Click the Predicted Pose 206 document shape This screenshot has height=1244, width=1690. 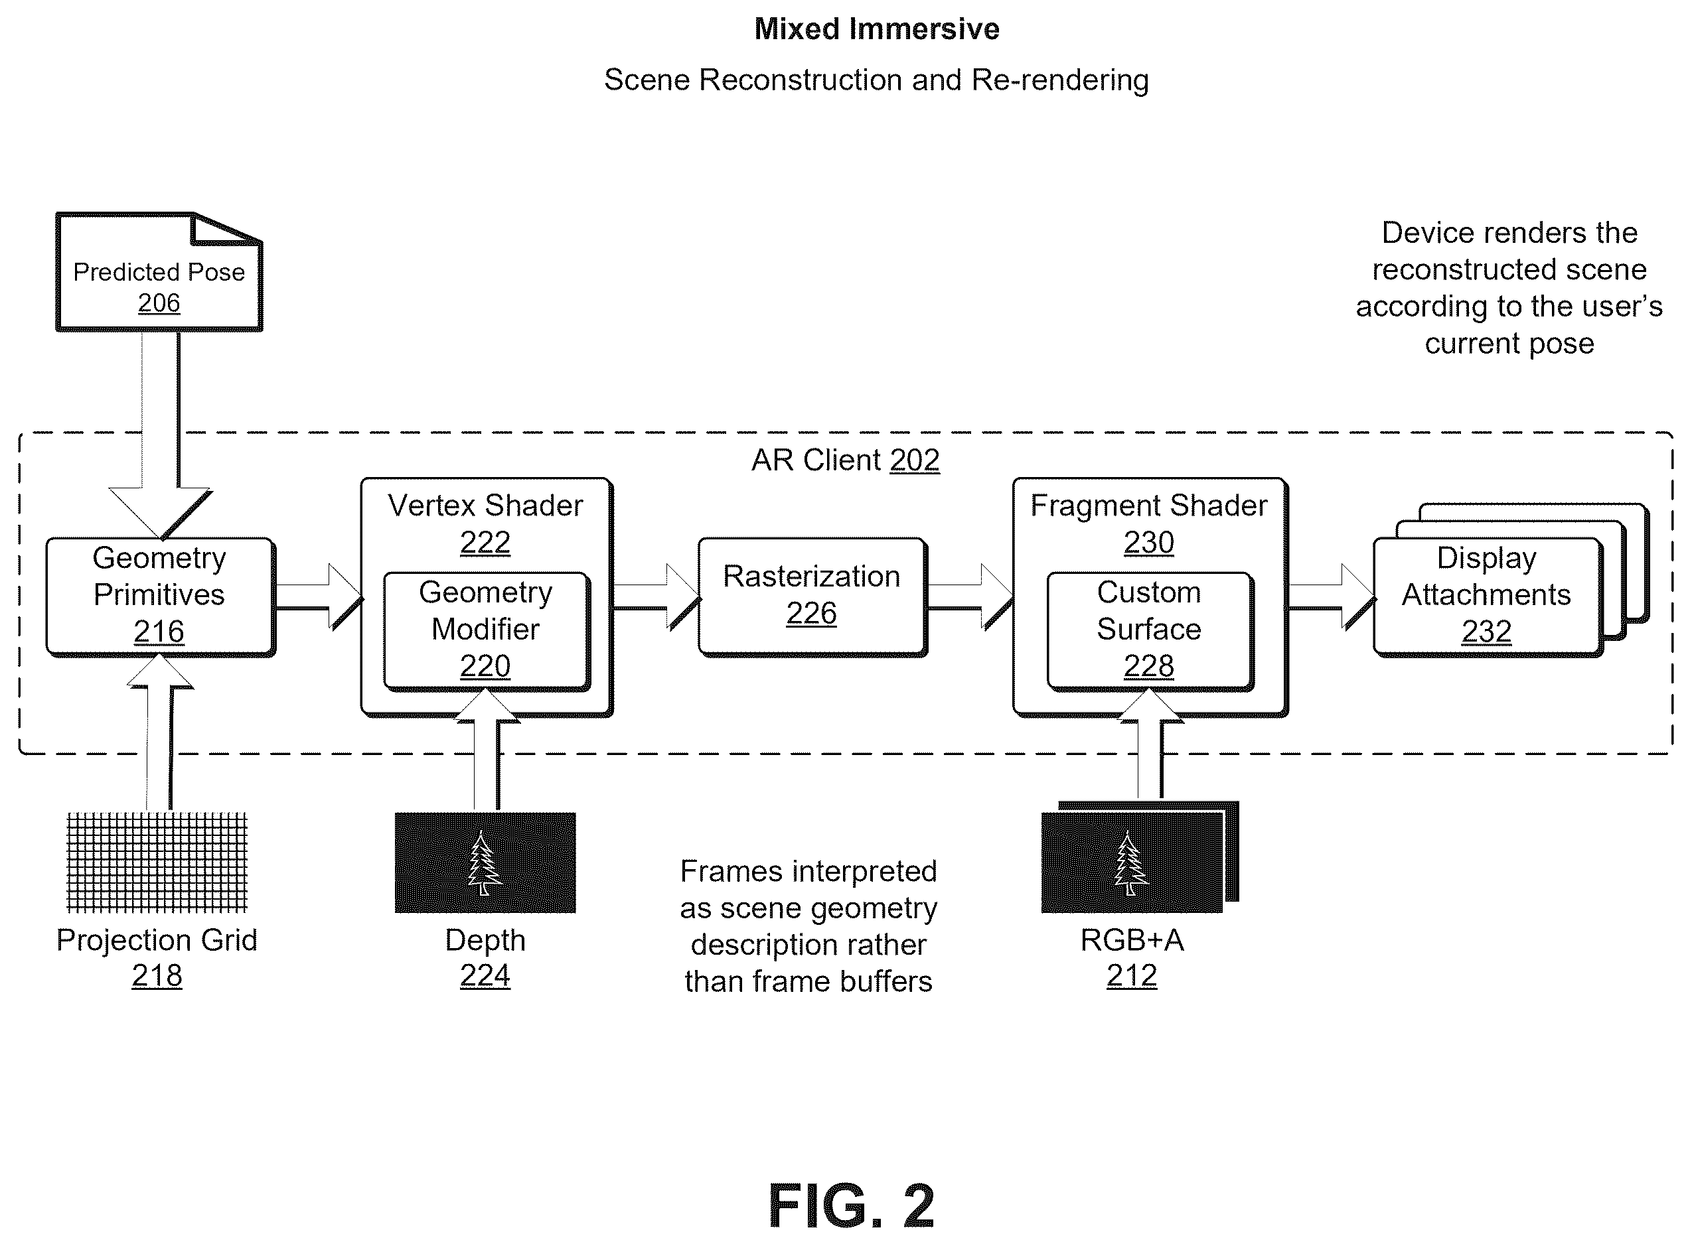point(159,272)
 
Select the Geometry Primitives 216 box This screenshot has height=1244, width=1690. point(160,596)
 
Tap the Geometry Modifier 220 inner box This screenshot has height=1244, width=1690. point(486,631)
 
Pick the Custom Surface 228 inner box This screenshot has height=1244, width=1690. point(1150,631)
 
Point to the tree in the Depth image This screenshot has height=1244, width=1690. point(485,863)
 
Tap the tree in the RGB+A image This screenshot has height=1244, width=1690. point(1130,863)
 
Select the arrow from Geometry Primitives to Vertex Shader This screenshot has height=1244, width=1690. point(319,596)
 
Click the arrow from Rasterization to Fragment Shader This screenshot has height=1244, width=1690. point(970,596)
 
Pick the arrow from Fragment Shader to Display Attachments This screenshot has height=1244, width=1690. point(1332,596)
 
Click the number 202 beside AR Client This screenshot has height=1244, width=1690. point(915,460)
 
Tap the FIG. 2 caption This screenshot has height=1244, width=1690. point(852,1206)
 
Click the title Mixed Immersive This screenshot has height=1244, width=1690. point(877,29)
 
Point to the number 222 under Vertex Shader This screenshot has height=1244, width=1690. point(485,542)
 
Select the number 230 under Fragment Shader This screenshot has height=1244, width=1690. point(1149,542)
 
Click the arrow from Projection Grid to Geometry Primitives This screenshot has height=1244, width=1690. point(160,732)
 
